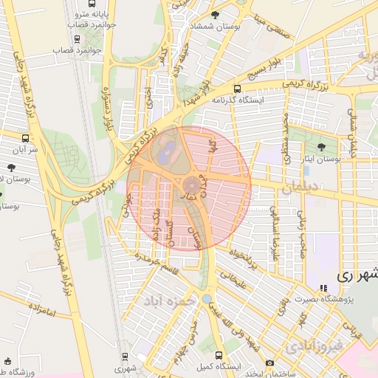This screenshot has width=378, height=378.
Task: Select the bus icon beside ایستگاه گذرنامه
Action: point(237,88)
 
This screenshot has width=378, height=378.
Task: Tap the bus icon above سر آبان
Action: point(27,137)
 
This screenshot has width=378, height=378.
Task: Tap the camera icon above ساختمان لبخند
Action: point(269,362)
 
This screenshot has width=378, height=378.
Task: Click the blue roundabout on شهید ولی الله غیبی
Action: point(207,299)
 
